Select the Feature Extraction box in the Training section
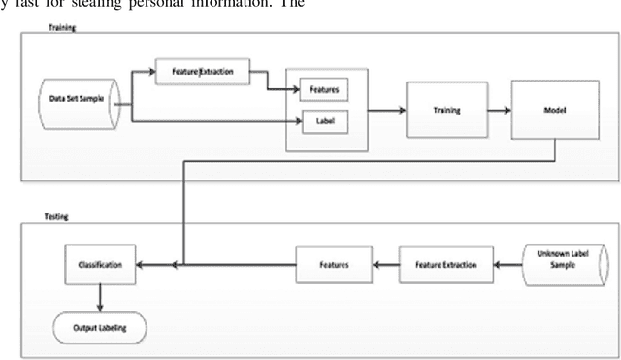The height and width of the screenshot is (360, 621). [x=201, y=71]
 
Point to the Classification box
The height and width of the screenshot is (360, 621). [x=100, y=263]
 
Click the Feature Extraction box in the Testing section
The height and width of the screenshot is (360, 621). [x=445, y=263]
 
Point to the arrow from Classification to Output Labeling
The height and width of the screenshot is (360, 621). [x=100, y=296]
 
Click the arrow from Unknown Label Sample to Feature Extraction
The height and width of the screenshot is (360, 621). [x=507, y=263]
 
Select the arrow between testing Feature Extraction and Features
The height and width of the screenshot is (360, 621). [x=385, y=263]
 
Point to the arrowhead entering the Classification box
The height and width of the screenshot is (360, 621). [x=143, y=263]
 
